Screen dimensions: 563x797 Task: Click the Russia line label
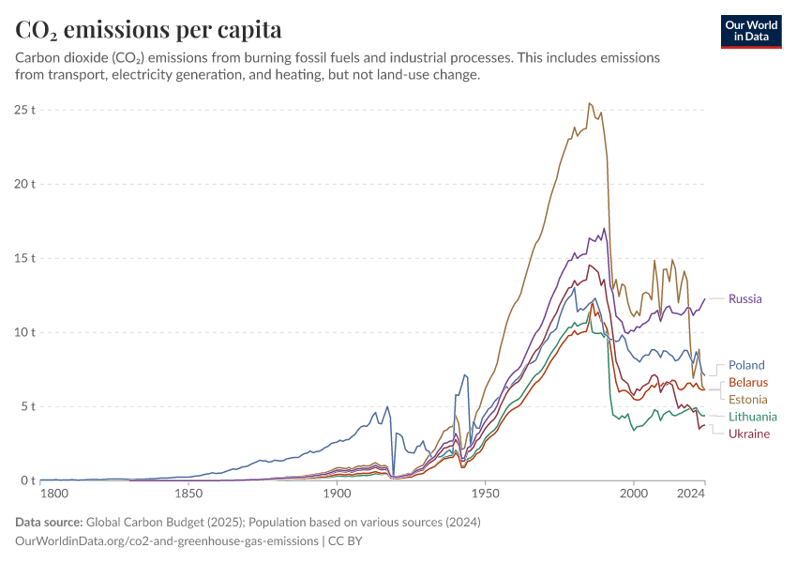[x=745, y=299]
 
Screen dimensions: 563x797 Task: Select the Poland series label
[x=746, y=365]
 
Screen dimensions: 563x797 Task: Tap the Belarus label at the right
[x=748, y=382]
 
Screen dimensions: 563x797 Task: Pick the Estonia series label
[x=747, y=399]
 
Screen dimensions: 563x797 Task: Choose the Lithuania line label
[x=752, y=417]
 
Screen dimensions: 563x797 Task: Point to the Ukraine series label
[x=749, y=434]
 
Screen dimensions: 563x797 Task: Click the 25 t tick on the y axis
[x=25, y=110]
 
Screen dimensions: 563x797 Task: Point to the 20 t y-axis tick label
[x=25, y=184]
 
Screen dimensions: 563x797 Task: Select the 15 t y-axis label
[x=25, y=258]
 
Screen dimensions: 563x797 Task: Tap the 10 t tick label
[x=25, y=332]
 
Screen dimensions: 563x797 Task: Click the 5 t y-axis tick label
[x=28, y=406]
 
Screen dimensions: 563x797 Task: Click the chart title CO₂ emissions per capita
[x=148, y=30]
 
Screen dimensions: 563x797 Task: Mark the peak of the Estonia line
[x=590, y=103]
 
